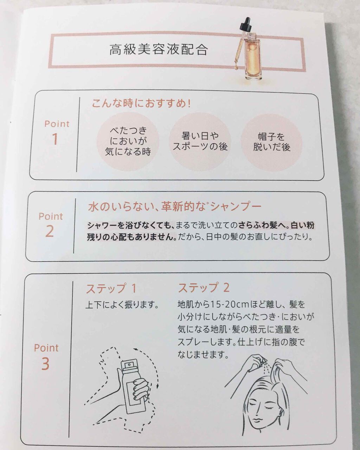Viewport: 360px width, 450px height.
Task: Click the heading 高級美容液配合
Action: coord(158,50)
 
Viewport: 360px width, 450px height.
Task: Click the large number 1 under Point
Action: coord(55,140)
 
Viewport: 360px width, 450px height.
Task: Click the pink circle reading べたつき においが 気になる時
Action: coord(128,141)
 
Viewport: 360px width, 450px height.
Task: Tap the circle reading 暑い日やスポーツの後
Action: coord(200,141)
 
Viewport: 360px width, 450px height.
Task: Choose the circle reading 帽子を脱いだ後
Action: coord(271,142)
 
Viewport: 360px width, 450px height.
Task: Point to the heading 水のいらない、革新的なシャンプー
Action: coord(174,207)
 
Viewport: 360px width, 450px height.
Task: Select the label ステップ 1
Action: coord(111,289)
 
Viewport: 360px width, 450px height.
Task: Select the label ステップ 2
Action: coord(204,288)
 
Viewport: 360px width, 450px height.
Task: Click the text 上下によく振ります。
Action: coord(122,305)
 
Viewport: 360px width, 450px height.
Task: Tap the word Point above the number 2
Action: coord(51,216)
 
